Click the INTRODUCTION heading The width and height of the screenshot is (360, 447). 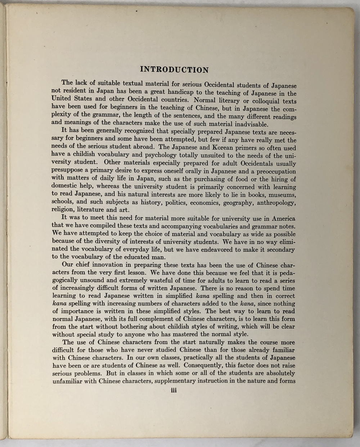(x=174, y=70)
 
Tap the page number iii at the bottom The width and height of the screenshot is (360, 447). (x=174, y=390)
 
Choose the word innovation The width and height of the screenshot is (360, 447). (x=104, y=265)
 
